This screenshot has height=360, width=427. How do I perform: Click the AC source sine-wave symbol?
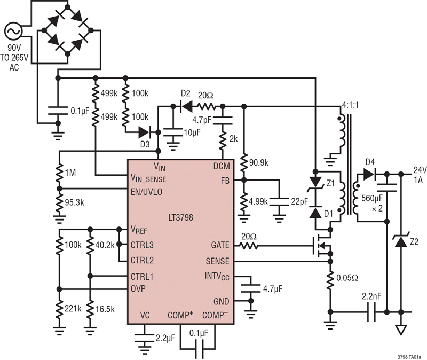pos(13,32)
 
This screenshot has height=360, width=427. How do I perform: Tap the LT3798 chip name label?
pos(180,217)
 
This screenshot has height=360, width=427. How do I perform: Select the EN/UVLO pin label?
pos(146,192)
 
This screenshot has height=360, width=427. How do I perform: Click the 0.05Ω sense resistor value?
pos(347,278)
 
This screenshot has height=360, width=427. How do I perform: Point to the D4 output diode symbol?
pos(369,174)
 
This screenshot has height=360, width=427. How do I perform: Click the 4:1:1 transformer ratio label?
pos(350,105)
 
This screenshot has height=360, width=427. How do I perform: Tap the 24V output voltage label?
pos(420,170)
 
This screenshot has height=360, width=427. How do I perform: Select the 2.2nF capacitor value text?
pos(371,296)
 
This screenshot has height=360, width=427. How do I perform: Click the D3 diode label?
pos(145,144)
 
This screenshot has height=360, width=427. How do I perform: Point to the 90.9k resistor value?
pos(258,163)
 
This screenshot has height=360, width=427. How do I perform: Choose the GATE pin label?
pos(220,245)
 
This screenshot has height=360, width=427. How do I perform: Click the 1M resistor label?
pos(70,173)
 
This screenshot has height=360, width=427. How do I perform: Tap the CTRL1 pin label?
pos(142,277)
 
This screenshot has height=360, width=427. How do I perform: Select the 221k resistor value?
pos(73,309)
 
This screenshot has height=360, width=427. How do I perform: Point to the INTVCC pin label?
pos(217,277)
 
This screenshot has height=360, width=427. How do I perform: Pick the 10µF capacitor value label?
pos(192,133)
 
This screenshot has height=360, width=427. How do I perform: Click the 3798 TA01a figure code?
pos(409,357)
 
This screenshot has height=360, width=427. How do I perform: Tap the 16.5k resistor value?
pos(105,309)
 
